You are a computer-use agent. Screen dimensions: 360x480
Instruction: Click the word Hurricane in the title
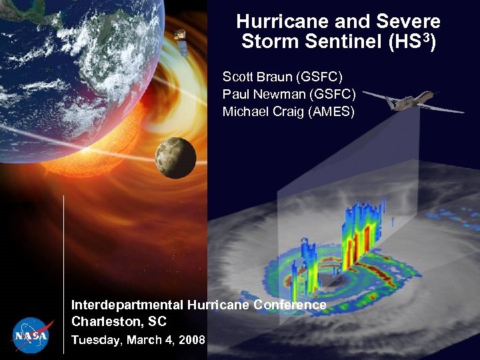point(275,22)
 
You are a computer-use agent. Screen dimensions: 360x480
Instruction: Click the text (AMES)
point(331,111)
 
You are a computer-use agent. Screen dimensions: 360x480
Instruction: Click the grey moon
point(175,157)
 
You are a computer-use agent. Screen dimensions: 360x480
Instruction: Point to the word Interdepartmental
point(127,305)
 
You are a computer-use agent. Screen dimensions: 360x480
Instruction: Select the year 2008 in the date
point(191,340)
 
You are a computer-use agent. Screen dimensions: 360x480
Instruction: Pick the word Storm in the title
point(269,42)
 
